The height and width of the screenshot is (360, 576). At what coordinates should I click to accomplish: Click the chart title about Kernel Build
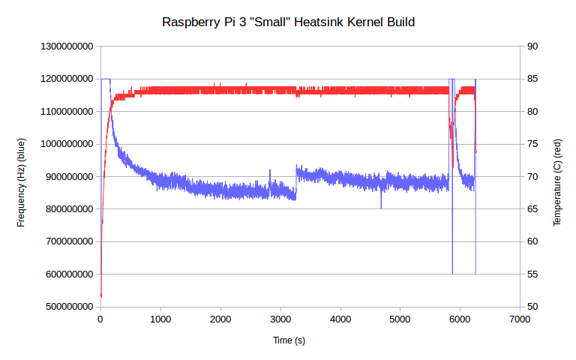pos(288,22)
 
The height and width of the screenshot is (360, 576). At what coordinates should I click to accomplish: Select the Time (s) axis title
pos(289,340)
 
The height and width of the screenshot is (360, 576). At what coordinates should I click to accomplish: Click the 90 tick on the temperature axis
pos(532,46)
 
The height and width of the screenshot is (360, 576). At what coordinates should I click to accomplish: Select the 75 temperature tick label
pos(532,144)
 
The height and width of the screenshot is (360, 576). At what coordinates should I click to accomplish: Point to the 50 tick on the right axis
pos(532,307)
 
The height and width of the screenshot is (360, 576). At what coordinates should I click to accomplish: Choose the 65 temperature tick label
pos(532,209)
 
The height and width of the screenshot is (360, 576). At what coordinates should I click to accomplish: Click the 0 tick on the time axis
pos(100,319)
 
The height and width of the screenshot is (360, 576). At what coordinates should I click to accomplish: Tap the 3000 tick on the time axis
pos(280,319)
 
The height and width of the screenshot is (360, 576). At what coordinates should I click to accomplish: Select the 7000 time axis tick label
pos(520,319)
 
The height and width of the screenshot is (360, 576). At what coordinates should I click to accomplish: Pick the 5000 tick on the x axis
pos(400,319)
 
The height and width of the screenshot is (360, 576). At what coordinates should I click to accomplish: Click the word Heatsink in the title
pos(325,22)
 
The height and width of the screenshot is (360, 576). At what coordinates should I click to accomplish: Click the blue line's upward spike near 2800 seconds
pos(270,172)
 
